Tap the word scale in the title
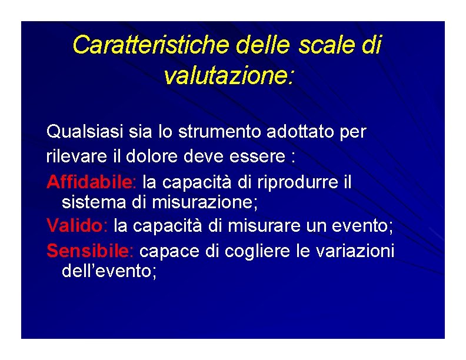click(x=324, y=45)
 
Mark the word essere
click(x=263, y=157)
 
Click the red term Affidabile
click(x=90, y=182)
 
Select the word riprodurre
click(x=297, y=182)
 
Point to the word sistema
click(x=90, y=203)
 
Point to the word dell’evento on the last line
click(x=109, y=271)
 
